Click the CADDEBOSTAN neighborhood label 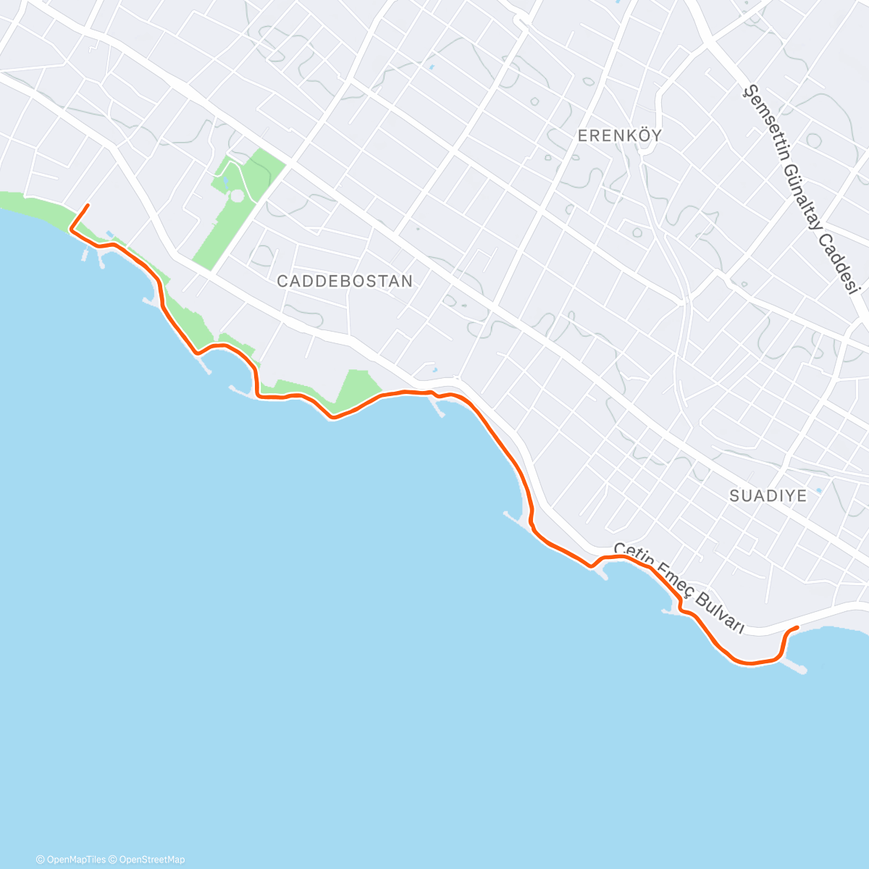point(345,281)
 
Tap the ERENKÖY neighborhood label point(620,135)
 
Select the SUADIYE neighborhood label point(768,496)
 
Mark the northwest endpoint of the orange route point(88,206)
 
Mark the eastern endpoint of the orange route point(797,627)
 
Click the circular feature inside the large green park point(237,196)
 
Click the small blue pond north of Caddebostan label point(432,68)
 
